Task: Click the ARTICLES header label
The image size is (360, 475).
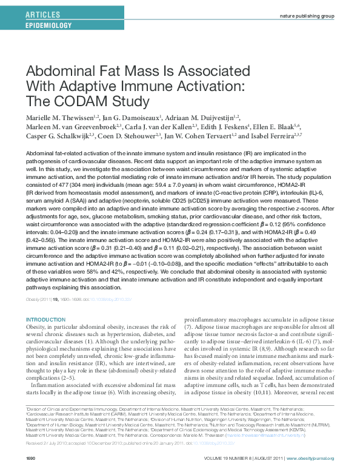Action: pyautogui.click(x=43, y=13)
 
